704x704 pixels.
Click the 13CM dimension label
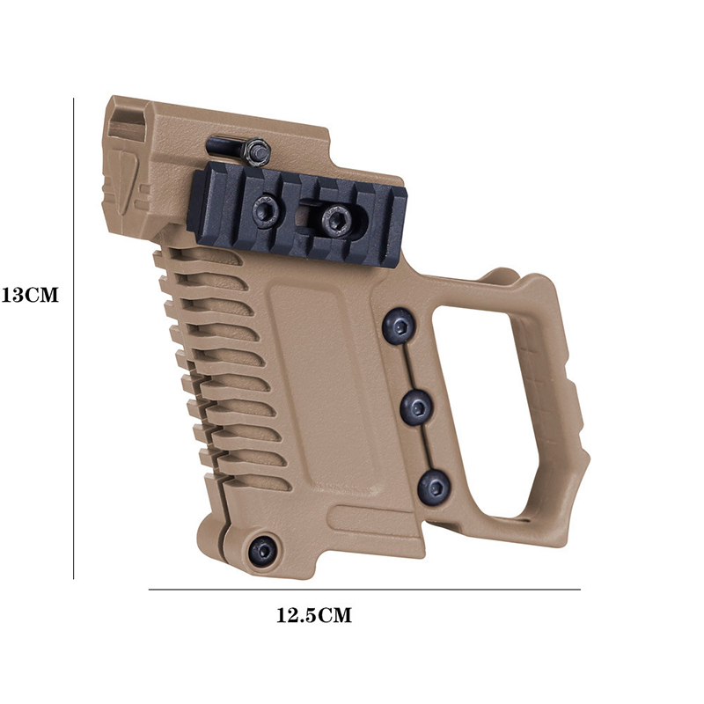30,295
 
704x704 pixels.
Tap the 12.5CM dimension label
314,615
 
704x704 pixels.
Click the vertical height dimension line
73,339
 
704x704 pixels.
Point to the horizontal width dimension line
364,589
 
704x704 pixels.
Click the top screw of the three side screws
399,326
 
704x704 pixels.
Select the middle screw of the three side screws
416,407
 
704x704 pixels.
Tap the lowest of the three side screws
434,488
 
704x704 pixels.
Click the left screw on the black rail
267,210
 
